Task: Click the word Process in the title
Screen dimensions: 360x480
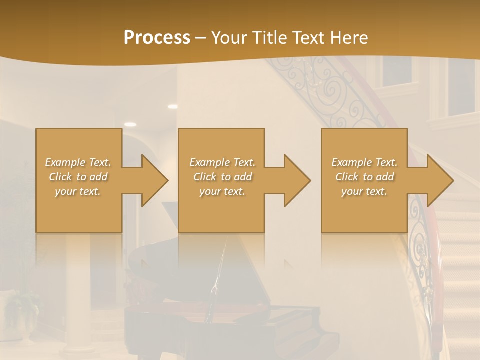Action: tap(157, 37)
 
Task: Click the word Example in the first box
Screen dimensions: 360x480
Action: tap(65, 162)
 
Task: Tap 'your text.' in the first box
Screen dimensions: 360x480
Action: tap(78, 191)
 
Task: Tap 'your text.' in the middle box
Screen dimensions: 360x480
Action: tap(222, 191)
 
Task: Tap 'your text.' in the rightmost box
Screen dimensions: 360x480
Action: tap(364, 191)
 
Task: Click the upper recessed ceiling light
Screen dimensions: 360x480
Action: tap(172, 106)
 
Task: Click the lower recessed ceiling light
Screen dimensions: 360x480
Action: tap(130, 124)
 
